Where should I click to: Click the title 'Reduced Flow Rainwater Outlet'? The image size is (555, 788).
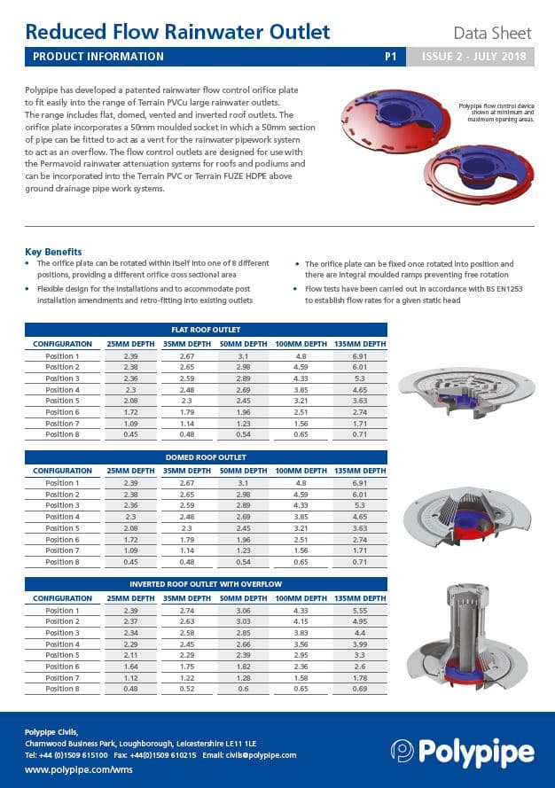click(177, 33)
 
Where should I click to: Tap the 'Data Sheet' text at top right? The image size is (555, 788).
click(492, 34)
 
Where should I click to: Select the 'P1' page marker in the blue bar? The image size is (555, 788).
click(389, 56)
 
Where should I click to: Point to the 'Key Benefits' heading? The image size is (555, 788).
click(53, 252)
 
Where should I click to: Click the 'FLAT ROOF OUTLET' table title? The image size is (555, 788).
click(206, 330)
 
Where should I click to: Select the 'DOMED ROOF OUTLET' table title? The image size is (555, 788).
click(206, 457)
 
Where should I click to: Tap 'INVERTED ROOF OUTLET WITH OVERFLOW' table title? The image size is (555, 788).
click(206, 584)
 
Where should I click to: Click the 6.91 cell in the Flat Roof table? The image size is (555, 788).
click(359, 355)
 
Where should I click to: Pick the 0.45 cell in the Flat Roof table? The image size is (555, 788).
click(130, 434)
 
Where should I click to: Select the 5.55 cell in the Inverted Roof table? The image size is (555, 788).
click(359, 611)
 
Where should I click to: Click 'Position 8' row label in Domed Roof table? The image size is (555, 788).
click(62, 562)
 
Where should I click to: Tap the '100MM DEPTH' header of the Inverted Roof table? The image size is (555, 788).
click(300, 598)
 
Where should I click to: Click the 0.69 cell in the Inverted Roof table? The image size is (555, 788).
click(359, 689)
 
